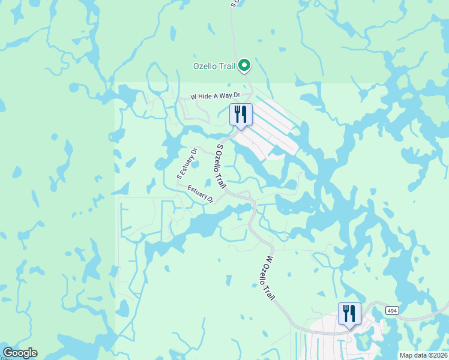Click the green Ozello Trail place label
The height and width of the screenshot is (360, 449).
[213, 66]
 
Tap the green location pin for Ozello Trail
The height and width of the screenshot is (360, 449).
[244, 65]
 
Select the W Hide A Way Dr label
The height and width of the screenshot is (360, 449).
[215, 96]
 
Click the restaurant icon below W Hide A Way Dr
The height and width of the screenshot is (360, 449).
[241, 115]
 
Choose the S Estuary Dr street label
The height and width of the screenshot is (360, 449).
[187, 163]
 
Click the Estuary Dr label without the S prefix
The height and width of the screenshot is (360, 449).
[200, 194]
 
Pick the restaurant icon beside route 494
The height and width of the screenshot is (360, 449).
[349, 313]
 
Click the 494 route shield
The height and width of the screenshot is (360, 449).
[392, 310]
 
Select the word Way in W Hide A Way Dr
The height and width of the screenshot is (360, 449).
[228, 95]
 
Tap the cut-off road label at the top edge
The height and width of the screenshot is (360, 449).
[234, 3]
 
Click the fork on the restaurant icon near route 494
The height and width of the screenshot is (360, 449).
[345, 312]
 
